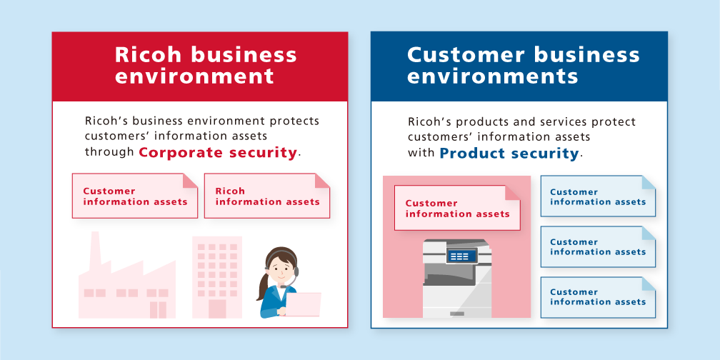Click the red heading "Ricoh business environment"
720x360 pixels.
tap(206, 65)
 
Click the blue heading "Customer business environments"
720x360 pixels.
tap(524, 65)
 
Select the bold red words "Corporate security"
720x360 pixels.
tap(217, 152)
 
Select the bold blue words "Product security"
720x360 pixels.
tap(508, 153)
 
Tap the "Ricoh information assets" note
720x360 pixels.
tap(266, 196)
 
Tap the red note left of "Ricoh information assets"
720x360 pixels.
tap(134, 196)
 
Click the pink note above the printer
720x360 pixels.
tap(457, 208)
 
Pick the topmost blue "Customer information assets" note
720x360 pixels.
tap(597, 196)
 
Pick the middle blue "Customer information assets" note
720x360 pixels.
tap(597, 246)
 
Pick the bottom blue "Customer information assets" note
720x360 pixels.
tap(597, 296)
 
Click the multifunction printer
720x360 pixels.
tap(456, 279)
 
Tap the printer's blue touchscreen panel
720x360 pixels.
tap(460, 256)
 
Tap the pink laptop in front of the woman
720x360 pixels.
tap(303, 304)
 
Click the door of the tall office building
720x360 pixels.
tap(216, 308)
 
